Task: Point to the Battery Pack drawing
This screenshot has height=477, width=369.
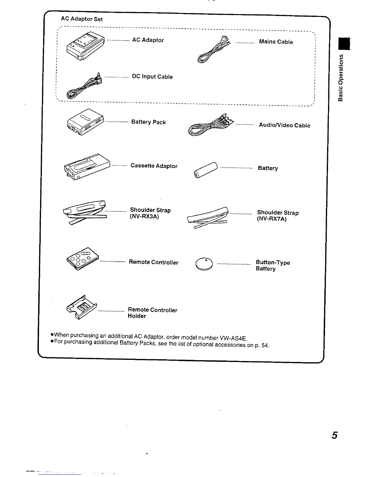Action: (x=85, y=122)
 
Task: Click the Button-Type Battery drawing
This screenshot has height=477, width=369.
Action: (x=204, y=264)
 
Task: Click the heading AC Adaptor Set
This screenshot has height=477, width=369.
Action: (x=82, y=19)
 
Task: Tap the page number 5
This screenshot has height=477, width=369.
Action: (x=334, y=435)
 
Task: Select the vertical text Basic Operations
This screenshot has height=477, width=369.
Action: (x=341, y=77)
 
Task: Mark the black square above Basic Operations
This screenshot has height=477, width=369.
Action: (x=344, y=43)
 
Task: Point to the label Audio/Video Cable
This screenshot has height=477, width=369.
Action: (x=284, y=125)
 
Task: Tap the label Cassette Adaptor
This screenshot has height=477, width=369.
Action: (x=154, y=166)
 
